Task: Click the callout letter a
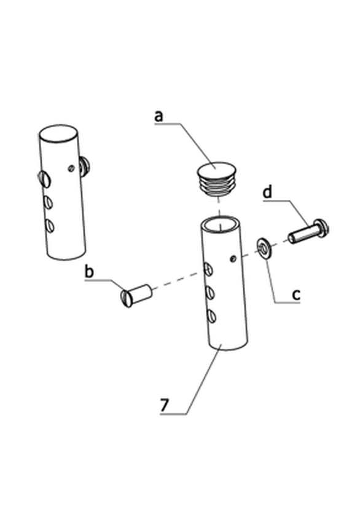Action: (159, 116)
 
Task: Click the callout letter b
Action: (89, 272)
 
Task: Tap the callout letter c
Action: (295, 295)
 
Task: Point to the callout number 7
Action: (165, 405)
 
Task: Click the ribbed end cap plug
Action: (216, 178)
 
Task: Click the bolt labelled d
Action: (308, 232)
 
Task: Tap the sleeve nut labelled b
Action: (136, 295)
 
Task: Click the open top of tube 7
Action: (220, 224)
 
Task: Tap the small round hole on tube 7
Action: (233, 259)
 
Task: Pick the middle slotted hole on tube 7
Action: (210, 292)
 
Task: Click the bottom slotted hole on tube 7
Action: (211, 316)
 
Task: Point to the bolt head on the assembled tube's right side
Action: (85, 165)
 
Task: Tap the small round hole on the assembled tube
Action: (71, 168)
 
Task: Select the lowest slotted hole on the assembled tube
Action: (49, 226)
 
